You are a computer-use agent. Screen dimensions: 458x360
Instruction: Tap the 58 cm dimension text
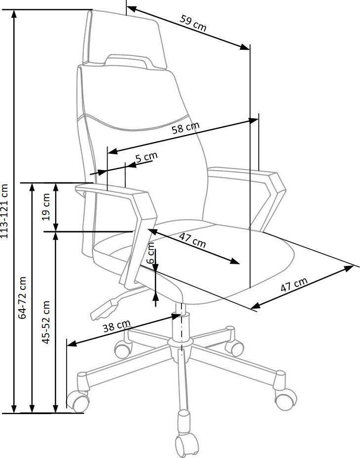tap(185, 129)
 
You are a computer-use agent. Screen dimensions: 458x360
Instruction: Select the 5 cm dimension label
tap(146, 158)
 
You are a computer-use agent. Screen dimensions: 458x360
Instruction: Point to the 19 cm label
tap(47, 207)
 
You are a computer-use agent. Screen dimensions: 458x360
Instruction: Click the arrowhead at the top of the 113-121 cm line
tap(15, 14)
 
